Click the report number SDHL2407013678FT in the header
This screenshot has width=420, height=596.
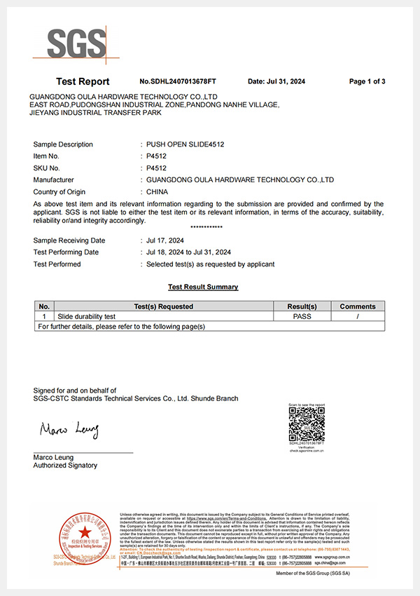click(x=178, y=81)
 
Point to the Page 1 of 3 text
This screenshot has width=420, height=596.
click(x=367, y=81)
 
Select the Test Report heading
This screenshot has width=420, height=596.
click(x=83, y=81)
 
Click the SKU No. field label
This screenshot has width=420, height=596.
click(x=47, y=168)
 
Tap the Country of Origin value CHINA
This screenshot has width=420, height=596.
click(x=156, y=191)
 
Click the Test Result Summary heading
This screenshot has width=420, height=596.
click(x=203, y=287)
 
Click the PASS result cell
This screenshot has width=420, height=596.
click(x=302, y=316)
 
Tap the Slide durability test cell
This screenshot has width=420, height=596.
click(x=85, y=316)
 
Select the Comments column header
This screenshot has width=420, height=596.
click(x=358, y=306)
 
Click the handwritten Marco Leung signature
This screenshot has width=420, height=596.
click(x=69, y=429)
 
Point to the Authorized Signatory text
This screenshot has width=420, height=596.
click(x=66, y=466)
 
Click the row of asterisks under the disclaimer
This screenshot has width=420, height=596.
click(x=206, y=228)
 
